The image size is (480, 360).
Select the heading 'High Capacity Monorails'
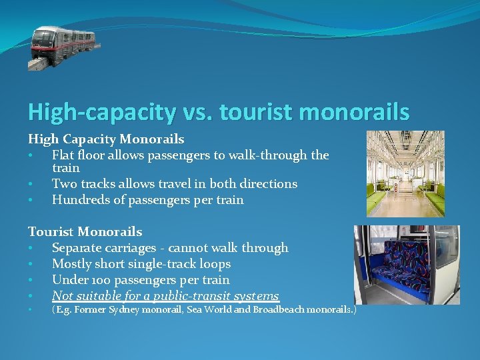click(x=106, y=139)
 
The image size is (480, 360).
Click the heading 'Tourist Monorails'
click(x=85, y=232)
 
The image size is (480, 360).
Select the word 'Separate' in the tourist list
click(x=78, y=248)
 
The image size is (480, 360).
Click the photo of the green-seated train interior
click(x=405, y=173)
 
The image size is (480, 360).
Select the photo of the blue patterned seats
click(x=406, y=265)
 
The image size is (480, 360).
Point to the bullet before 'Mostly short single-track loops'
click(x=31, y=265)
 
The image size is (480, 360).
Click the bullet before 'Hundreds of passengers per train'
click(x=31, y=200)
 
